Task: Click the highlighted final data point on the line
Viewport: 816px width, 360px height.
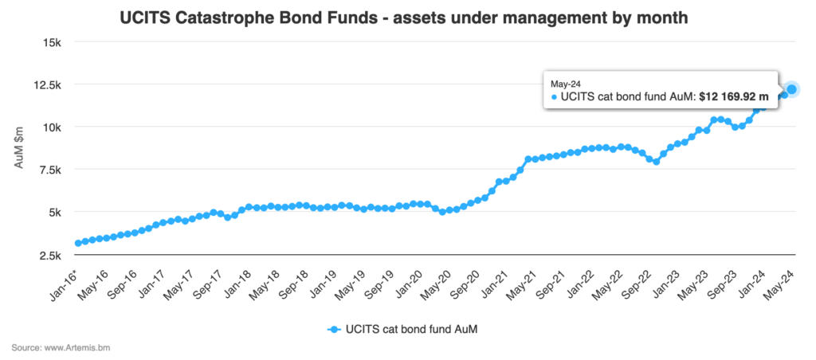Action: click(791, 89)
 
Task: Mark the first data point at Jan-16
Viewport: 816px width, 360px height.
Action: click(77, 243)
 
